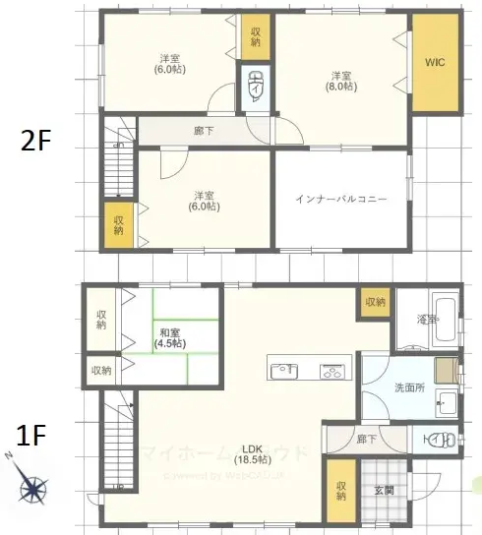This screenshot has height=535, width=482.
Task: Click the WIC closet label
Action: [434, 63]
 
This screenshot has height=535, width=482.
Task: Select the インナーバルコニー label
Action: [340, 199]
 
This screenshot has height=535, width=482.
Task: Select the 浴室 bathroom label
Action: [426, 320]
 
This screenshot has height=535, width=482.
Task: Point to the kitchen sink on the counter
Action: [284, 371]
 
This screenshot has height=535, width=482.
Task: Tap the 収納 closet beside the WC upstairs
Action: [256, 36]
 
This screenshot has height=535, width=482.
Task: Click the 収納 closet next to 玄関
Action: [340, 491]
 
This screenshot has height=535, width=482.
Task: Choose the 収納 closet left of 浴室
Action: [375, 302]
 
